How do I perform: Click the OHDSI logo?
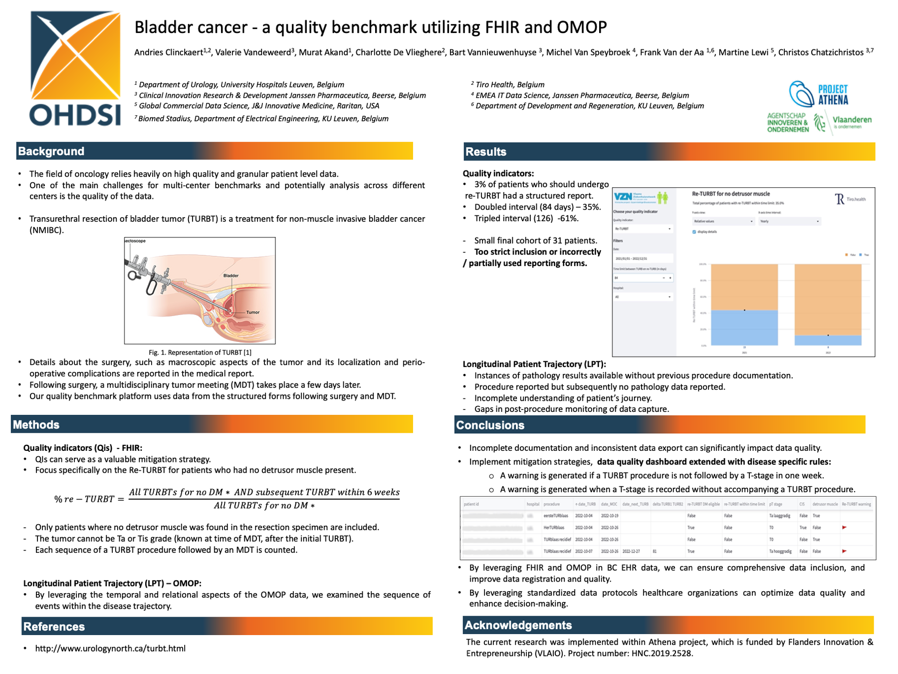pos(75,69)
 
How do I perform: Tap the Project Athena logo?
pos(818,94)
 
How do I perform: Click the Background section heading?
pos(51,151)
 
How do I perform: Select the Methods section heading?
pos(36,425)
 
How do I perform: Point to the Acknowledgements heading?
pos(518,625)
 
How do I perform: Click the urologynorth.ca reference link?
pos(110,649)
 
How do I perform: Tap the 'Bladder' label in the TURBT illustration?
pos(230,276)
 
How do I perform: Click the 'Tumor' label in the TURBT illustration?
pos(252,313)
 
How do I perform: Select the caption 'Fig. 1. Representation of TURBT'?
pos(200,352)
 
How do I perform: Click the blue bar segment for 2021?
pos(744,328)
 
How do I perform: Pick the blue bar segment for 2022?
pos(828,340)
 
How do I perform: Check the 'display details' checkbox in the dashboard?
pos(694,232)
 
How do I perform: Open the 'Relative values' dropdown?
pos(722,221)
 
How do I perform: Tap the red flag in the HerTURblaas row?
pos(844,527)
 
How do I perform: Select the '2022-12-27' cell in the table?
pos(631,551)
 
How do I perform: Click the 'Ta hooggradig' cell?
pos(780,551)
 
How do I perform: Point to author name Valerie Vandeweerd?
pos(254,52)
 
